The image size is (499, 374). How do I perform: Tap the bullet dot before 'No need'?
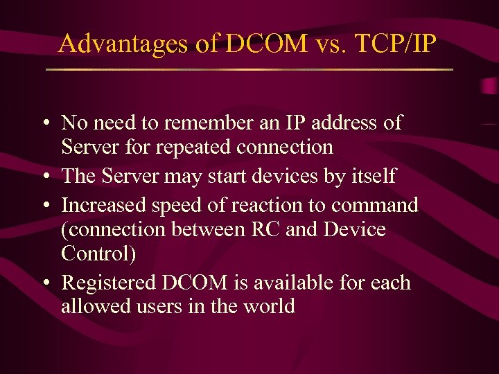44,124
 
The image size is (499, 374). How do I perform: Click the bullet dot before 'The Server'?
44,177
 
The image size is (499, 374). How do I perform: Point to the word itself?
370,176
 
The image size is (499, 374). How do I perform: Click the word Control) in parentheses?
98,253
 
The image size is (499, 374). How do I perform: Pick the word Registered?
107,283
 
